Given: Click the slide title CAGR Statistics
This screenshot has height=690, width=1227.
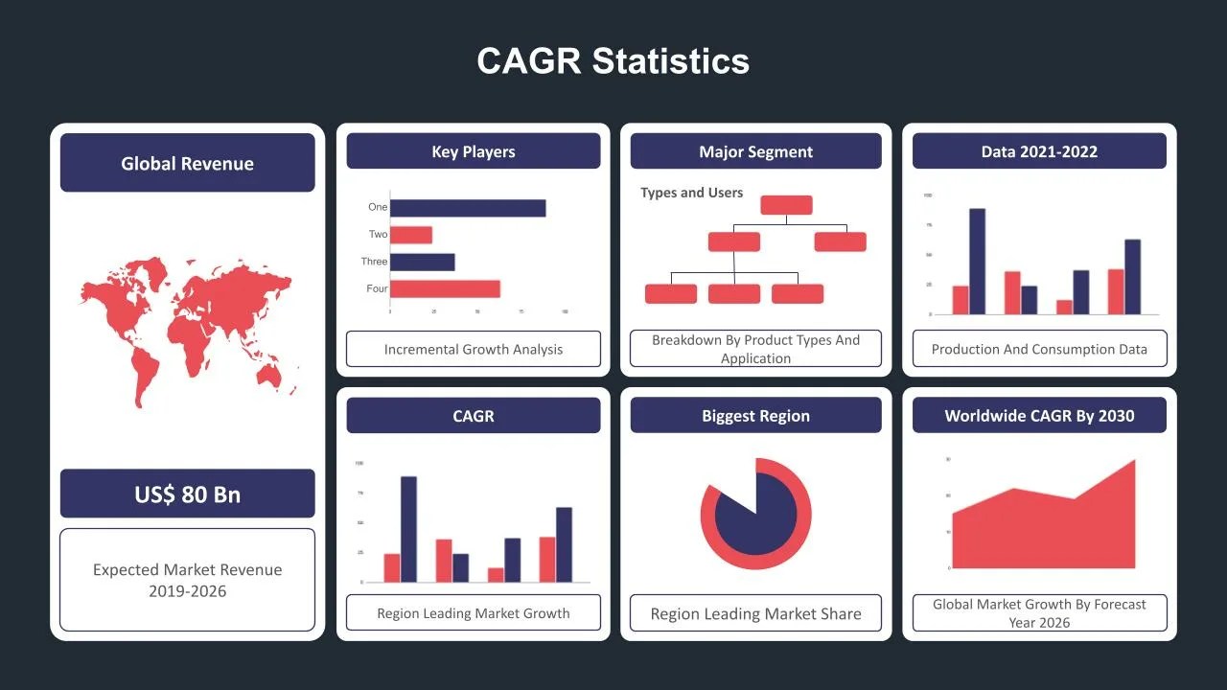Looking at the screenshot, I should tap(613, 60).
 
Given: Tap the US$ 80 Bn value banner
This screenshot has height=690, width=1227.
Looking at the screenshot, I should tap(187, 494).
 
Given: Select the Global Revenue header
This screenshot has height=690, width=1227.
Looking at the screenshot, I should tap(187, 163).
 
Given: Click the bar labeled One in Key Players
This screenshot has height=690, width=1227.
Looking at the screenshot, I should tap(468, 208).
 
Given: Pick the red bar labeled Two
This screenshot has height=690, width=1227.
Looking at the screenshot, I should tap(411, 235).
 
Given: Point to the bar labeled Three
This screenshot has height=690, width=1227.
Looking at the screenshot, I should tap(423, 262).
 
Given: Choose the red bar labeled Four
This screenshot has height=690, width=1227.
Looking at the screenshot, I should tap(445, 288).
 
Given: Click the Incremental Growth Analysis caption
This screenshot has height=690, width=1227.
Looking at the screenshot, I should tap(474, 349).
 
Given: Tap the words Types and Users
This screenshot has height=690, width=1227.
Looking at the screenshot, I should tap(691, 193).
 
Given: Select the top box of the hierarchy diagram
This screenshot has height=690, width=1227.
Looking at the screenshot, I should tap(786, 205).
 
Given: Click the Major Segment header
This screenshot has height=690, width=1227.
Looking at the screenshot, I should tap(755, 151).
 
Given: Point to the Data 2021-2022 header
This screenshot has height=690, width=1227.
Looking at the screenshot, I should tap(1039, 151).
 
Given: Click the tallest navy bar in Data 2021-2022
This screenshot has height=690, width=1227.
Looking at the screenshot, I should tap(977, 261).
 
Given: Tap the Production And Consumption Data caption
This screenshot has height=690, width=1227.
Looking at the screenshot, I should tap(1039, 349).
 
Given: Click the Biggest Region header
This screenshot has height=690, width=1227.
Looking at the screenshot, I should tap(755, 416).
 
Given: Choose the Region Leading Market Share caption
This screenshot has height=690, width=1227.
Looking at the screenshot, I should tap(755, 613).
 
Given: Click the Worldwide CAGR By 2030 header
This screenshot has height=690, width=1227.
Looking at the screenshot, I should tap(1039, 416).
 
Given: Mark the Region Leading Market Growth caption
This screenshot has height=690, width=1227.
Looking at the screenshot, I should tap(474, 613).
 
